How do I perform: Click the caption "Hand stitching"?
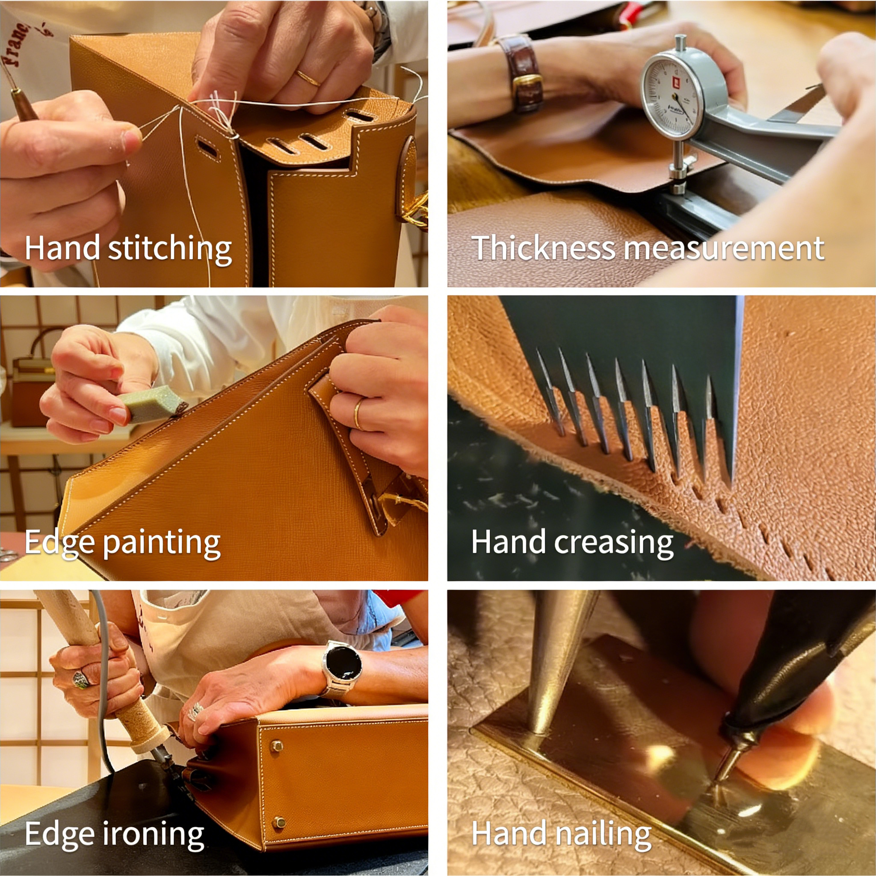128,249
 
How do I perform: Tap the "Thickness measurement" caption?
648,248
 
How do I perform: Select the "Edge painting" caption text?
122,542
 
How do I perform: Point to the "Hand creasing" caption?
572,542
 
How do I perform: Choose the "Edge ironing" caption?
114,834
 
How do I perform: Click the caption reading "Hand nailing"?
561,834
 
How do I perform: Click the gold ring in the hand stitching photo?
308,78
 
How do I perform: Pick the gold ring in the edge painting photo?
358,413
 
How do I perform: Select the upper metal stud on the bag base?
276,746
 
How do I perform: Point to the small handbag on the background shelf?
32,376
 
